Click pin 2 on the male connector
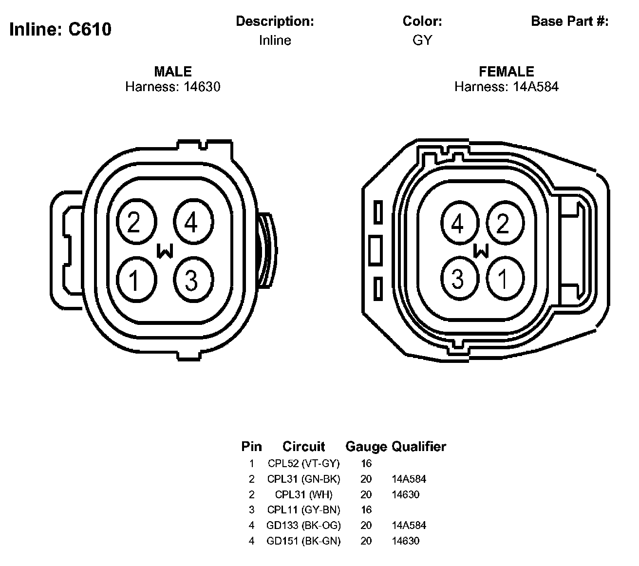(136, 222)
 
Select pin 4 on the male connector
(193, 222)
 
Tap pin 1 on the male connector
(136, 280)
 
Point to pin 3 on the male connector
(193, 280)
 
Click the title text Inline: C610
(60, 29)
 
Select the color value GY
(422, 40)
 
